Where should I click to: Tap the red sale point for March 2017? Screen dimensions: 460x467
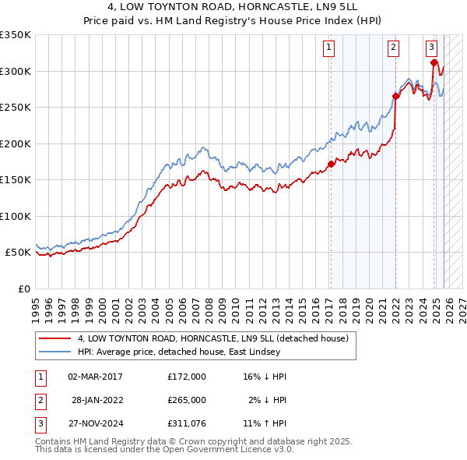click(x=331, y=164)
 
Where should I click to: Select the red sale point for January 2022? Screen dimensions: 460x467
click(x=395, y=97)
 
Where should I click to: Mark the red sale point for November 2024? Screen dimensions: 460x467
click(x=434, y=62)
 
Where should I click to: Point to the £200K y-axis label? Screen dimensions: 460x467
click(x=16, y=143)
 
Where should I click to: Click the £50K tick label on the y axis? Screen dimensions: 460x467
click(x=18, y=253)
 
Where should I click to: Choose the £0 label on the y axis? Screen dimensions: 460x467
click(x=23, y=288)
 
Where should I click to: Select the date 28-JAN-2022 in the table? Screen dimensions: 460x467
click(x=94, y=399)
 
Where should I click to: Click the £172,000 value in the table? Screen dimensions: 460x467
click(x=187, y=376)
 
